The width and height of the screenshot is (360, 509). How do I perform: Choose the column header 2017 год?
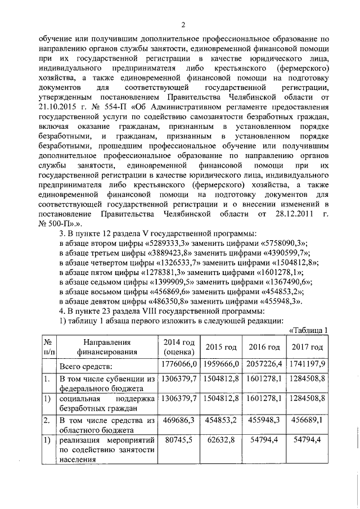307,347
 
